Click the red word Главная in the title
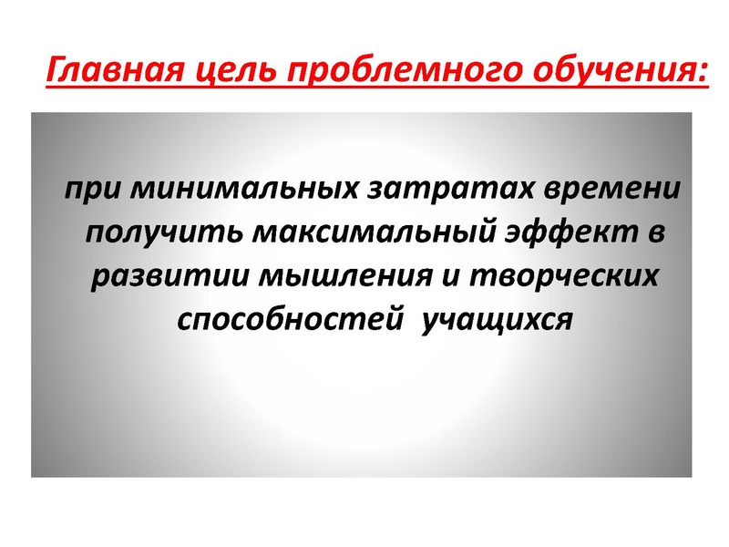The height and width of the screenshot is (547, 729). coord(117,70)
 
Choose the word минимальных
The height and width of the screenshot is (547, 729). coord(244,189)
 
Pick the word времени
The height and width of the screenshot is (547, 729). coord(611,190)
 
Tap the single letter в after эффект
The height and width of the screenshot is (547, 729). coord(656,233)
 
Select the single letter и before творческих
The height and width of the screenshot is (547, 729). coord(450,277)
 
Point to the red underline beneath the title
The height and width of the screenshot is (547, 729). coord(377,86)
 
